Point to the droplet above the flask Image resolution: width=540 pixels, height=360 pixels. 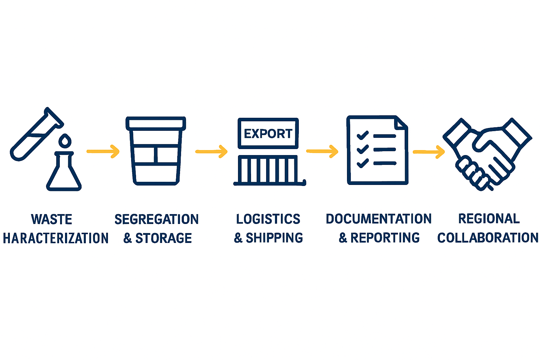(x=65, y=141)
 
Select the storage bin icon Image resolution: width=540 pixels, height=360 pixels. (x=156, y=151)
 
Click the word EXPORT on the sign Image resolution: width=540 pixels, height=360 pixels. (x=268, y=134)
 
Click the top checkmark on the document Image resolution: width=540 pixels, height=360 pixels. (x=362, y=135)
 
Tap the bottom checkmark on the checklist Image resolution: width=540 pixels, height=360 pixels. (x=362, y=163)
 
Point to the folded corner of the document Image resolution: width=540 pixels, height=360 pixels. (x=401, y=122)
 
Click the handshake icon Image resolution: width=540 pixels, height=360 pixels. (x=487, y=154)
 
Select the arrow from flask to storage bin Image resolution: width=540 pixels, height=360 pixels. (x=103, y=152)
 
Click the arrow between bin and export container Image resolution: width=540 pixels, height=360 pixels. (x=211, y=152)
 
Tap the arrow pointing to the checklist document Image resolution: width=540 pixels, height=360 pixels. (x=322, y=152)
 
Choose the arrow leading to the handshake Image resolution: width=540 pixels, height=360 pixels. (x=429, y=152)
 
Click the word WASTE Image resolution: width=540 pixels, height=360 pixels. (x=52, y=219)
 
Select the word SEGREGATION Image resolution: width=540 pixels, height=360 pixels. (x=156, y=219)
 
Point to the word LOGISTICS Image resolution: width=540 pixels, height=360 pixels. (x=268, y=219)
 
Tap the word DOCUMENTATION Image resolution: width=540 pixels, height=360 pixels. (x=379, y=219)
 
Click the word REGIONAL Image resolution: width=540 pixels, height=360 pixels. (x=489, y=219)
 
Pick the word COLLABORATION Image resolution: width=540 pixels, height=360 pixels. (x=488, y=238)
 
